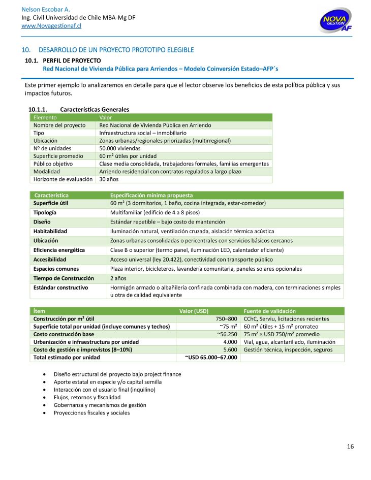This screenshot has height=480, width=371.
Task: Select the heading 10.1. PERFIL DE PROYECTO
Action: [65, 60]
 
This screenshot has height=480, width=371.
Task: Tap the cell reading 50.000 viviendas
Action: [119, 148]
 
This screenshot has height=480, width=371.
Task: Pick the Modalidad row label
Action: [46, 171]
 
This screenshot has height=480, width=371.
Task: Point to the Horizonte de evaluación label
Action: [63, 179]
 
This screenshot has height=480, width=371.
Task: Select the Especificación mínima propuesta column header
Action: [151, 195]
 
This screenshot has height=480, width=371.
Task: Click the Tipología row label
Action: [45, 212]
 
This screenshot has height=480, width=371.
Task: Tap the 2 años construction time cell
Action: [119, 278]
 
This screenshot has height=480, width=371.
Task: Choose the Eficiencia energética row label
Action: [59, 250]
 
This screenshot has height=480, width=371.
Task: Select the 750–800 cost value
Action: [227, 318]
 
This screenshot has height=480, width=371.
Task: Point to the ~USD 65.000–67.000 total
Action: [212, 357]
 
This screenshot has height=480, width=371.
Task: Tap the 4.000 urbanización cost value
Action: [230, 342]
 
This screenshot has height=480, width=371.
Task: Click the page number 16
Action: [350, 446]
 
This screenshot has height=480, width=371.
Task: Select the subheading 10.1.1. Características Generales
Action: [79, 109]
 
